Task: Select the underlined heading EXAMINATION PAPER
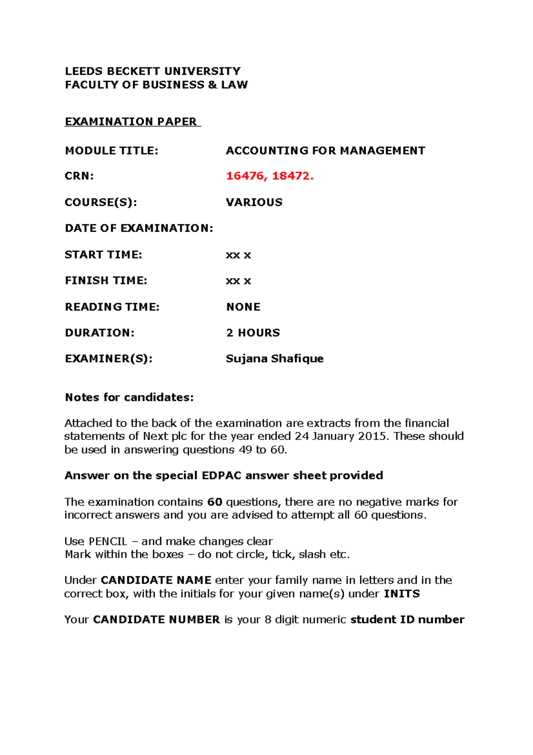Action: pos(132,121)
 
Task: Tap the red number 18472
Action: pos(292,176)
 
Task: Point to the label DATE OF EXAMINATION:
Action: pos(139,228)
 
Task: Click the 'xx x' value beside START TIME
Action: pos(238,255)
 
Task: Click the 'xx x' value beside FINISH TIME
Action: pos(238,281)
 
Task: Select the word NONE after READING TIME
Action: pos(243,307)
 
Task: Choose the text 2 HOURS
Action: pos(253,333)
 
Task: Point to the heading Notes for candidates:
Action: pos(129,397)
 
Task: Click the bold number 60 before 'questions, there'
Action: pos(215,502)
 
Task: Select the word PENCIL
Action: pos(108,541)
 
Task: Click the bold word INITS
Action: pos(402,594)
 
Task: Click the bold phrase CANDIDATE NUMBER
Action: pos(156,619)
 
